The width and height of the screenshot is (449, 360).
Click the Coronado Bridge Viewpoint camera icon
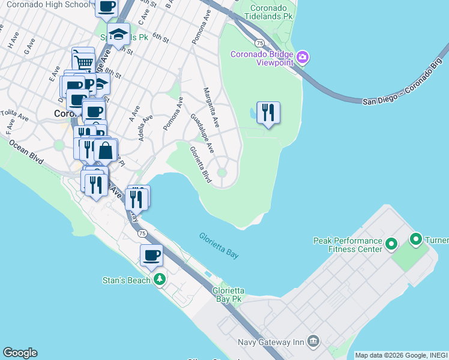(303, 58)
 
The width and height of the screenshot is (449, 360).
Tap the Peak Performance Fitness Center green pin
(391, 244)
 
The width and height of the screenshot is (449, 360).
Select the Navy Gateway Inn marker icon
(313, 341)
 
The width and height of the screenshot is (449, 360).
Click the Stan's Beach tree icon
(159, 280)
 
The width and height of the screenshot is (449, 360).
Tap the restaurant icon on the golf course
(268, 113)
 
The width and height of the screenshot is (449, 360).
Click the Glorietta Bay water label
(219, 246)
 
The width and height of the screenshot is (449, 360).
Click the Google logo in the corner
(20, 353)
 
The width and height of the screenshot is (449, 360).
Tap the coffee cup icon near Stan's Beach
(151, 255)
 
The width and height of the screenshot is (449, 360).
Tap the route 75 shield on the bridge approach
(259, 43)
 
